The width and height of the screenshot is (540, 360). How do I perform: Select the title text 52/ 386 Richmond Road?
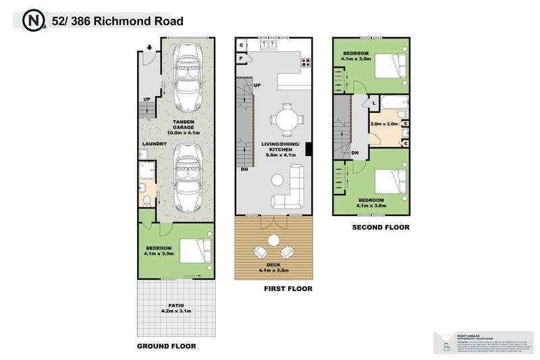(x=117, y=21)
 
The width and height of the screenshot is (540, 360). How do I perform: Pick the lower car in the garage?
(x=188, y=179)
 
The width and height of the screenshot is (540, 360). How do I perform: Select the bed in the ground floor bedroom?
(x=195, y=251)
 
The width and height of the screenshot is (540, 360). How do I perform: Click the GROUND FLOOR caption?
(x=166, y=346)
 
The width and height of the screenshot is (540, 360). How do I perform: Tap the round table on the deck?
(x=274, y=240)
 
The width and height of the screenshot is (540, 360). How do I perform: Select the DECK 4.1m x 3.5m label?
(x=274, y=268)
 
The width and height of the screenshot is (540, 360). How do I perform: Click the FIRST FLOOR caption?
(x=288, y=288)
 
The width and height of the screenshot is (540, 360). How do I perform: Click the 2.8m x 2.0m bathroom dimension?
(x=383, y=124)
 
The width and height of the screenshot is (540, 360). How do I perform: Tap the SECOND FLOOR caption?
(x=381, y=228)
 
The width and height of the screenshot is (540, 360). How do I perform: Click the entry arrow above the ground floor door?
(x=148, y=48)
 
